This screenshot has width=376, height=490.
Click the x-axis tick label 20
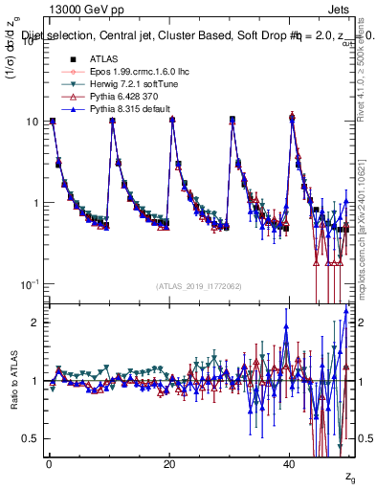(169, 463)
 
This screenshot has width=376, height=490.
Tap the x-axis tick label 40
(290, 463)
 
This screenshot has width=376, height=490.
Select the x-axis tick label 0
(49, 463)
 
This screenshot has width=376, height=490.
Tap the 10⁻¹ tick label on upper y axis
(29, 284)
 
